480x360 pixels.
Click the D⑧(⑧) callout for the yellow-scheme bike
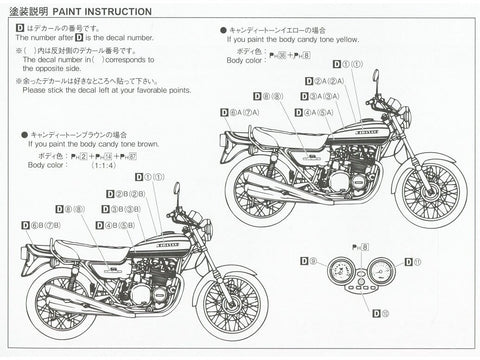pos(267,96)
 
